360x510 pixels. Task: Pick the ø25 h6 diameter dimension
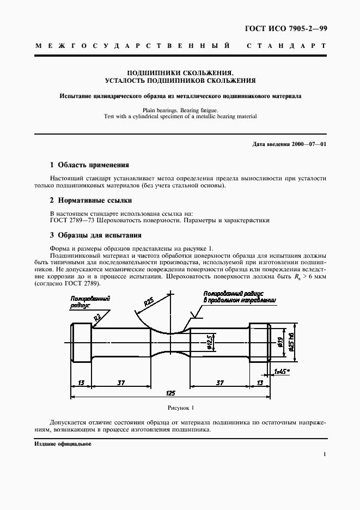click(x=292, y=342)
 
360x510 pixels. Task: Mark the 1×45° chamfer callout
click(x=281, y=372)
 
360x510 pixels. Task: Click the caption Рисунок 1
click(x=180, y=407)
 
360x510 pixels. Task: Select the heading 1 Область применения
click(x=89, y=165)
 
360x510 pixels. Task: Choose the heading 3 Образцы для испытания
click(x=95, y=235)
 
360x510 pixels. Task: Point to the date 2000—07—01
click(x=308, y=144)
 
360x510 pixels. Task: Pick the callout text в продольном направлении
click(x=239, y=300)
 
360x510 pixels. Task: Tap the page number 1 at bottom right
click(x=325, y=454)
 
